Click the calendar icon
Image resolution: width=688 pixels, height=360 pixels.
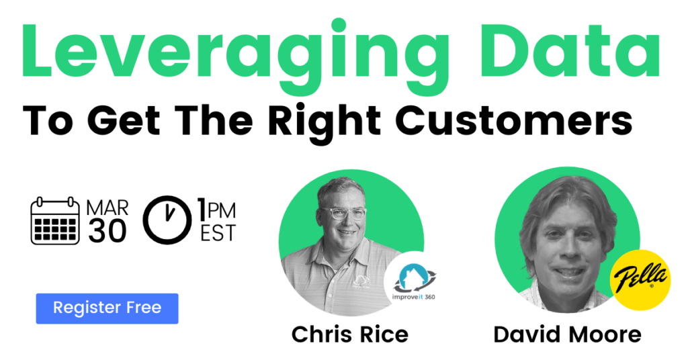point(55,220)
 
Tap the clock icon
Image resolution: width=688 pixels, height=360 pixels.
point(167,220)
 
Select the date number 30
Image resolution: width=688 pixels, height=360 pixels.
point(107,230)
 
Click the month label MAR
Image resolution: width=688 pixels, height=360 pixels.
point(107,208)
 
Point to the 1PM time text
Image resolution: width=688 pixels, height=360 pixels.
point(216,210)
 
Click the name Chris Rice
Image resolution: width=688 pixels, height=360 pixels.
point(350,334)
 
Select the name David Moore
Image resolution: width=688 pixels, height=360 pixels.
point(567,334)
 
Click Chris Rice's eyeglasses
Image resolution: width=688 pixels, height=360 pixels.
point(345,213)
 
